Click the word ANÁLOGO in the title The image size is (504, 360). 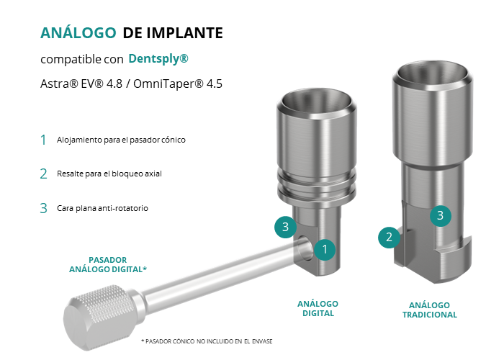click(x=78, y=33)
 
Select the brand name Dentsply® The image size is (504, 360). click(x=158, y=58)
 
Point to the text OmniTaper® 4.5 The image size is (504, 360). click(x=178, y=84)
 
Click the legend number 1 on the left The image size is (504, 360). click(x=43, y=140)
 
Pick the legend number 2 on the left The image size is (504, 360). click(x=43, y=174)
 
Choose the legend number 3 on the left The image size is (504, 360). click(x=43, y=208)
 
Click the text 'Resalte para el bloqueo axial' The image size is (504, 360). click(x=109, y=174)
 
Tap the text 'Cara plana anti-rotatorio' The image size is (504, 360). click(x=102, y=208)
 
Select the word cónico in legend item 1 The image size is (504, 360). click(x=174, y=140)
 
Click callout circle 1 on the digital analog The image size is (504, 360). click(x=325, y=249)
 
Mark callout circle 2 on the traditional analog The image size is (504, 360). click(x=389, y=237)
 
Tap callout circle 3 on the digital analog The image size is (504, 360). click(x=285, y=227)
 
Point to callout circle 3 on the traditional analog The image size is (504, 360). click(x=441, y=216)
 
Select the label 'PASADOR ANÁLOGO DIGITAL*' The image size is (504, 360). click(x=108, y=264)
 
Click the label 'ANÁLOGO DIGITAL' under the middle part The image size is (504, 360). click(x=318, y=309)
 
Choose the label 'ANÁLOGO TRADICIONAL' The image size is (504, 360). click(x=430, y=310)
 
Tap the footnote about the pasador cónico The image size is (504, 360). click(x=207, y=341)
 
